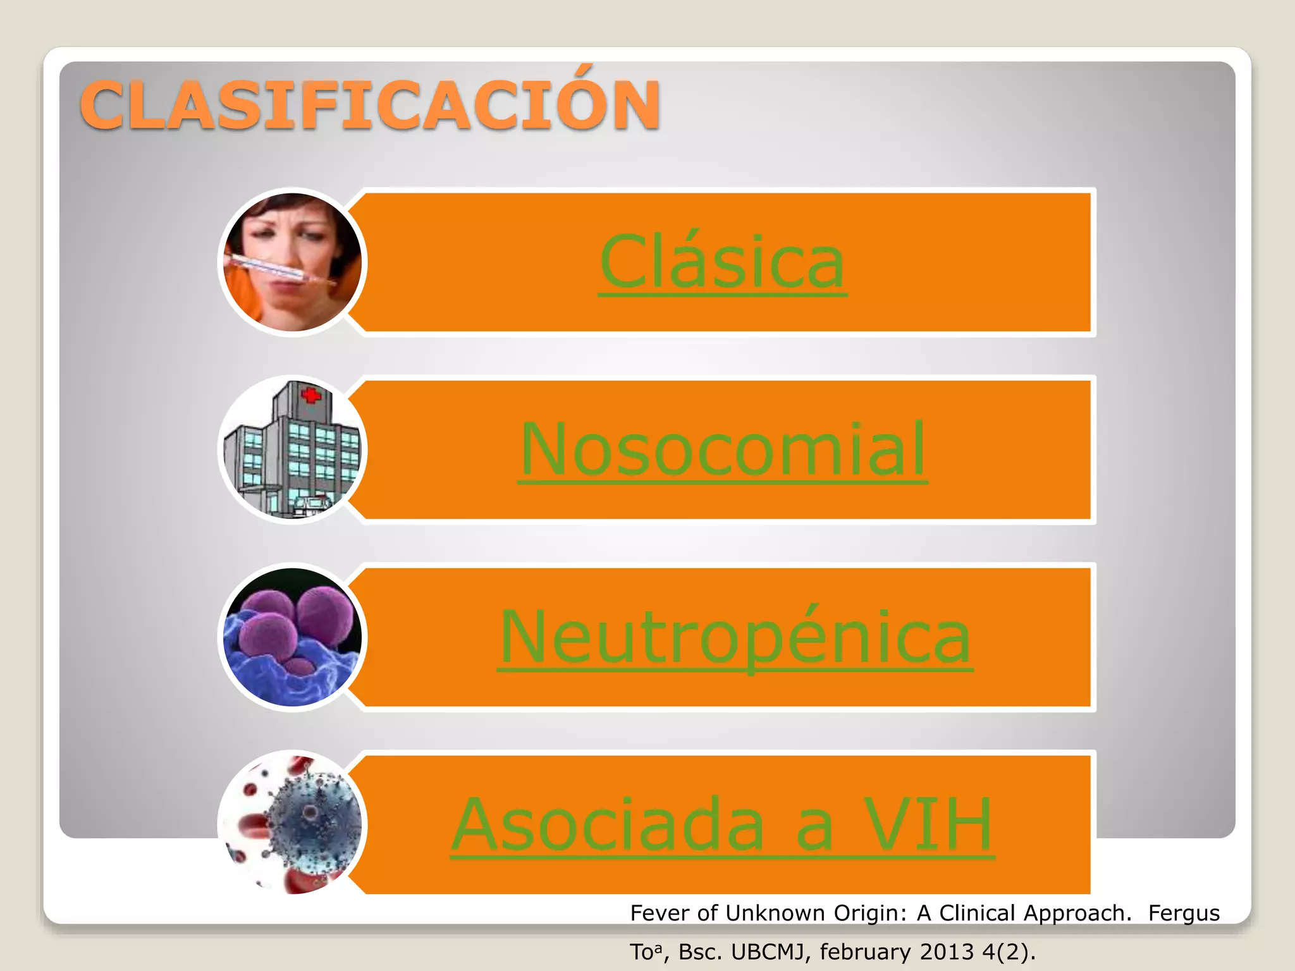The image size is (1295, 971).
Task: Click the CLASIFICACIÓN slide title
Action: tap(371, 105)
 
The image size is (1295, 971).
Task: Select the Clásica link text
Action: tap(722, 262)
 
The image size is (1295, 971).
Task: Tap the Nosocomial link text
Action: tap(723, 449)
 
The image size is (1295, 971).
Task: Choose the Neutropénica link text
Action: tap(735, 637)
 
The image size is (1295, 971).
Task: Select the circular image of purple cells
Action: tap(292, 637)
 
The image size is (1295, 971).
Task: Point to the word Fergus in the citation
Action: tap(1184, 913)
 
